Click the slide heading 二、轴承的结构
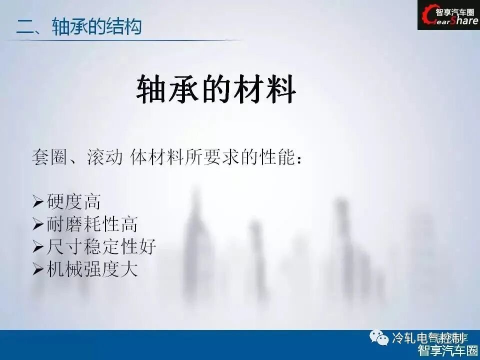click(79, 26)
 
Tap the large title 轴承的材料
click(216, 90)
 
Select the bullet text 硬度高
click(73, 201)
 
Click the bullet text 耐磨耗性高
click(92, 224)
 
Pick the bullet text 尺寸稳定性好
click(101, 246)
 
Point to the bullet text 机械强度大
click(92, 269)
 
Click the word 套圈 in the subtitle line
click(47, 158)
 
